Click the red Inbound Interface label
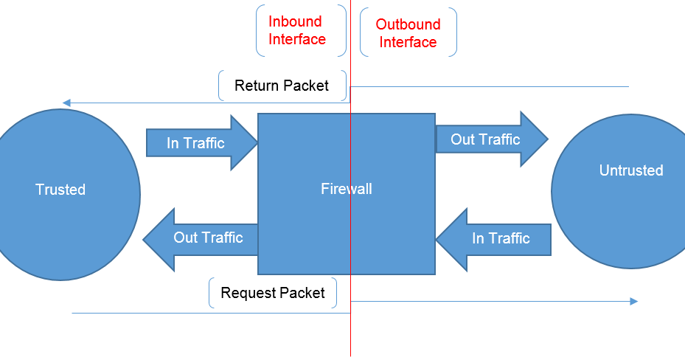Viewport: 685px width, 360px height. click(297, 30)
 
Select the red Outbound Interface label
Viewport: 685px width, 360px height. click(408, 33)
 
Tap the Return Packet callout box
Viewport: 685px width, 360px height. click(282, 86)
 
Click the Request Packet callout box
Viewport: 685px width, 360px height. click(273, 293)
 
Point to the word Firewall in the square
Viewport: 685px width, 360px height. click(346, 189)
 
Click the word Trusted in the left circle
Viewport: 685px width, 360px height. click(60, 190)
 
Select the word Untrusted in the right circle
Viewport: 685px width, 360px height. click(630, 170)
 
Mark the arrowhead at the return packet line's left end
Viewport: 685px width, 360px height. click(66, 103)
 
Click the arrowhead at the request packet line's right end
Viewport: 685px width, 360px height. click(633, 301)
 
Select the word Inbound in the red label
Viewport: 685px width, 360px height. click(296, 21)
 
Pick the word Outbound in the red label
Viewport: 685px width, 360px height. click(408, 24)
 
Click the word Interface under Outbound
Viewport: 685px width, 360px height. click(408, 42)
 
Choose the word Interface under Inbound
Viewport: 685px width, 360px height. click(297, 39)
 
